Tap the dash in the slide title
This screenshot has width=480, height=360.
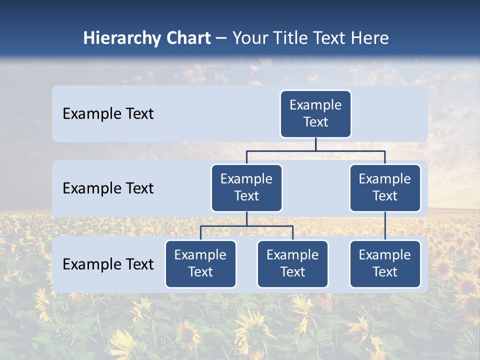click(x=221, y=38)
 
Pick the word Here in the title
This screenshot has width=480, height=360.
click(x=369, y=38)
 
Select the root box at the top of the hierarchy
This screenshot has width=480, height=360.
click(x=315, y=113)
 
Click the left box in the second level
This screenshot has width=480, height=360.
click(x=246, y=187)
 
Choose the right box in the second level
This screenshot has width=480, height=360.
click(x=385, y=187)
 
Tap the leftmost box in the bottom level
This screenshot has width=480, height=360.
click(x=200, y=263)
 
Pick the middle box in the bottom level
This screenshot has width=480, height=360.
click(x=292, y=263)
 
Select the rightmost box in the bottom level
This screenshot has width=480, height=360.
click(x=385, y=263)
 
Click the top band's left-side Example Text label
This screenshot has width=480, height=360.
click(x=108, y=113)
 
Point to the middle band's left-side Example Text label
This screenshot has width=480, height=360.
click(x=108, y=188)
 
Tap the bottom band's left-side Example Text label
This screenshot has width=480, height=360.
click(x=108, y=264)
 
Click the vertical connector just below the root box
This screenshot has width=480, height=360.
click(x=315, y=144)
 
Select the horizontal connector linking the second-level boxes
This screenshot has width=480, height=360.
click(x=315, y=150)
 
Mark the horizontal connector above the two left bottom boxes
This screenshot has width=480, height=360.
click(x=246, y=226)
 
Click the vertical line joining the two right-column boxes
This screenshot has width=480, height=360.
click(x=385, y=225)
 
